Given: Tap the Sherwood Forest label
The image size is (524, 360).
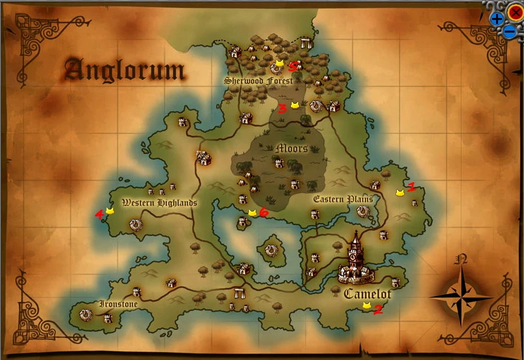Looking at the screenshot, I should point(258,81).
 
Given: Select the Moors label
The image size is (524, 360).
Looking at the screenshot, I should point(292,148).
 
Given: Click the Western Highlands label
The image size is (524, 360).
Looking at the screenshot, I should point(159,203).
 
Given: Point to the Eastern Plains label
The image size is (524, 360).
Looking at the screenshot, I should point(342,199).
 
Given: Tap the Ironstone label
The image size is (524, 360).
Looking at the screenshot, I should point(119,304).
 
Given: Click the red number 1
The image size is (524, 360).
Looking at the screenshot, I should point(411,188).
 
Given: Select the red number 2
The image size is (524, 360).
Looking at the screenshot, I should point(378,309).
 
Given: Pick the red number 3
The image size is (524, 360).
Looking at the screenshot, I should point(282,108).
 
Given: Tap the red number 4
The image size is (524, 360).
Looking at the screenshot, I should point(99,214).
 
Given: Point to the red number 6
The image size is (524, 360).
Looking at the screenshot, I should point(263,212).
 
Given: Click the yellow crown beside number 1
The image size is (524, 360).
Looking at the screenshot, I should point(399,192).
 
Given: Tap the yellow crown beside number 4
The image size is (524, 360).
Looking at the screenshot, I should point(110,210).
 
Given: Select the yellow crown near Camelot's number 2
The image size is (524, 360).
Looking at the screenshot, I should point(366,305).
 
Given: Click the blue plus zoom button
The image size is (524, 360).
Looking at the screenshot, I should point(497,19).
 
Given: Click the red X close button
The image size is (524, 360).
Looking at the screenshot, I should point(515,11).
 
